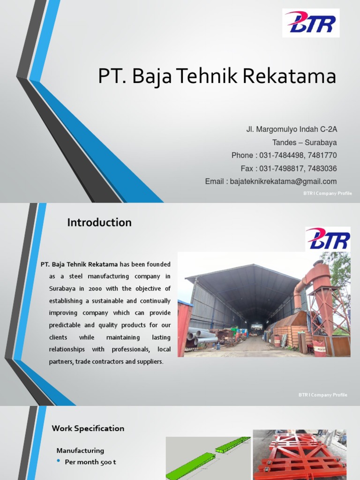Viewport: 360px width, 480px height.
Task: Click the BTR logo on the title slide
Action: click(x=311, y=23)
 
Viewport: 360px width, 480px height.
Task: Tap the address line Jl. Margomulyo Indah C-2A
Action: click(x=292, y=129)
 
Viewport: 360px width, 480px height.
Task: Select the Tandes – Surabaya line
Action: click(x=305, y=142)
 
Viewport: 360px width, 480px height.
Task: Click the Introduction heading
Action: click(x=99, y=223)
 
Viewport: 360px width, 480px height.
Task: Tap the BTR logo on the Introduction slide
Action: click(x=328, y=239)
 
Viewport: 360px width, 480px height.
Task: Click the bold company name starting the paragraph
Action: click(x=79, y=264)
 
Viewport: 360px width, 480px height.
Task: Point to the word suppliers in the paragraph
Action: click(x=150, y=362)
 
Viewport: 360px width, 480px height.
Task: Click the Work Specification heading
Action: click(x=88, y=428)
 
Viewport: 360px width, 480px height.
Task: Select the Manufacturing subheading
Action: click(x=80, y=450)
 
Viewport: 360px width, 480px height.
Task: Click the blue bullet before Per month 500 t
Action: click(x=59, y=462)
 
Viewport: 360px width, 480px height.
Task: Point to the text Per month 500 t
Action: click(x=90, y=462)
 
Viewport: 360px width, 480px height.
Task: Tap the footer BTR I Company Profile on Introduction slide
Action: click(x=323, y=395)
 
